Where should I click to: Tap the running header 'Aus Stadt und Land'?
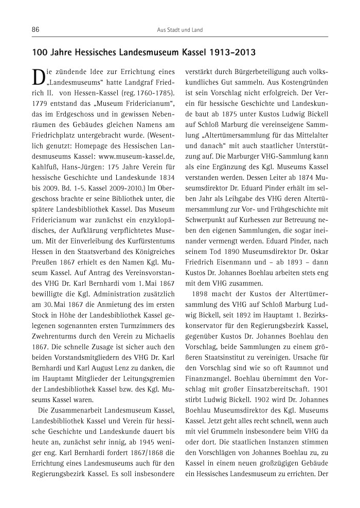[x=179, y=30]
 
